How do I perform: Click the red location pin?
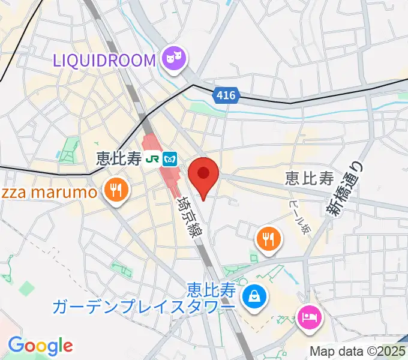[203, 175]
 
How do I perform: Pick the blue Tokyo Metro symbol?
[172, 159]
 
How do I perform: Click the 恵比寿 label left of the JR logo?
[119, 159]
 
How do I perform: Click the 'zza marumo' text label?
[48, 193]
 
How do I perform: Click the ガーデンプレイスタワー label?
[143, 307]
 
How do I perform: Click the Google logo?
[40, 346]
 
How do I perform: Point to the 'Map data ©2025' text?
[358, 351]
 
